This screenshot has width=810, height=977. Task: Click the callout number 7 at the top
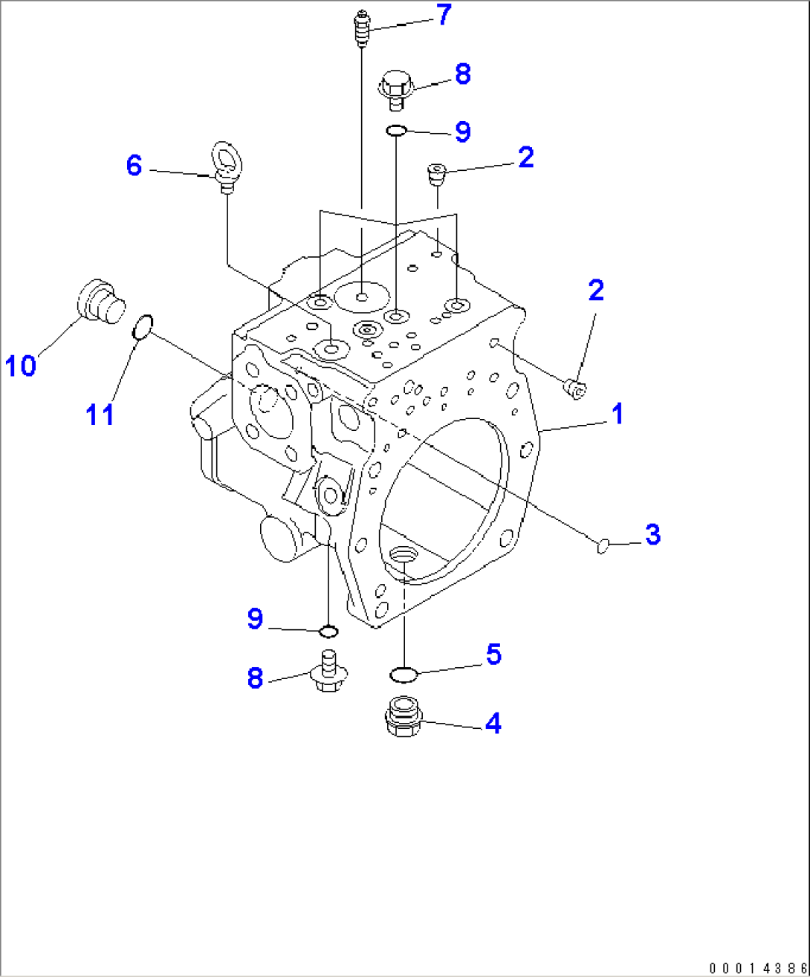(444, 16)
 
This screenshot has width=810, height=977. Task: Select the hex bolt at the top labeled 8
(395, 86)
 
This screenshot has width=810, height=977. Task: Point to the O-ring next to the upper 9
(396, 131)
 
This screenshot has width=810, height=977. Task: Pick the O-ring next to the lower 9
(328, 632)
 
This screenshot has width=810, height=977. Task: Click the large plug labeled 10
(100, 302)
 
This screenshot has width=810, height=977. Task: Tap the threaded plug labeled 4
(404, 717)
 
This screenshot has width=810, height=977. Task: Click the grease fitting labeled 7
(361, 29)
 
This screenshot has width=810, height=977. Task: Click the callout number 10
(22, 366)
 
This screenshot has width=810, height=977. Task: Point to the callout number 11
(99, 414)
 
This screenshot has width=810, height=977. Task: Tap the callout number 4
(493, 723)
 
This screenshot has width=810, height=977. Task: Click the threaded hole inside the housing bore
(403, 554)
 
